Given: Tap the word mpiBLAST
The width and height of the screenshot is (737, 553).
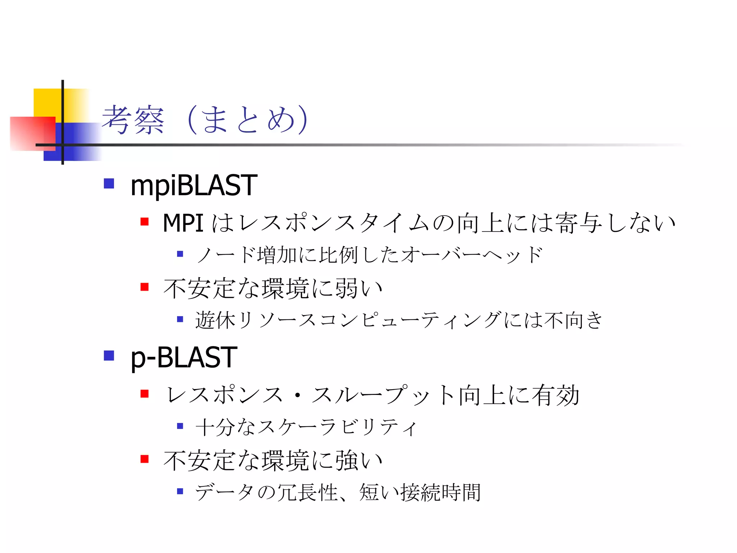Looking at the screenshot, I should pyautogui.click(x=194, y=185).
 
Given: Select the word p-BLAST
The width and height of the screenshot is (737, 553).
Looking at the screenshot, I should pyautogui.click(x=184, y=358).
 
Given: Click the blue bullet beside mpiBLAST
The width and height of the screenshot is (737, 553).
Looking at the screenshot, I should pyautogui.click(x=109, y=184).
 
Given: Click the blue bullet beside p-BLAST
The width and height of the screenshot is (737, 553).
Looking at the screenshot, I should pyautogui.click(x=109, y=356).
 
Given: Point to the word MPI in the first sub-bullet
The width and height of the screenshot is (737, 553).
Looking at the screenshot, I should pyautogui.click(x=183, y=223).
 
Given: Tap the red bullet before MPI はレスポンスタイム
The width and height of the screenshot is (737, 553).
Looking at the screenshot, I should pyautogui.click(x=145, y=221).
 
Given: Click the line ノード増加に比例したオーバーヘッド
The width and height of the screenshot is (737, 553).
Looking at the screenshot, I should pyautogui.click(x=369, y=255).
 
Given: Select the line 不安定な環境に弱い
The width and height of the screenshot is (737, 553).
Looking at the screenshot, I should pyautogui.click(x=273, y=288).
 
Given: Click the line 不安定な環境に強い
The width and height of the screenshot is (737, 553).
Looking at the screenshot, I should pyautogui.click(x=273, y=460).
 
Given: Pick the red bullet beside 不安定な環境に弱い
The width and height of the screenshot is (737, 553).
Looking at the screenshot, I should pyautogui.click(x=145, y=287).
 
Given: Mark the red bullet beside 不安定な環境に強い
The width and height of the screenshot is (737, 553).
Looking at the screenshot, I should pyautogui.click(x=145, y=459).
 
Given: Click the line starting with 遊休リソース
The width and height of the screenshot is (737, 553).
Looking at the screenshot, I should pyautogui.click(x=399, y=320).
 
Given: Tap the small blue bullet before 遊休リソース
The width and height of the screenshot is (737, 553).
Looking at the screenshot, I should pyautogui.click(x=180, y=319).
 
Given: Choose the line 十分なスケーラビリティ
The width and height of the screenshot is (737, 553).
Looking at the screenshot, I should pyautogui.click(x=306, y=427).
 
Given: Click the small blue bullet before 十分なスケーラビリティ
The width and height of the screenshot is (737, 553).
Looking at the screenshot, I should pyautogui.click(x=180, y=426).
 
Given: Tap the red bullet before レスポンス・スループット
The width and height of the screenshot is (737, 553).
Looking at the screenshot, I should pyautogui.click(x=145, y=394).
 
